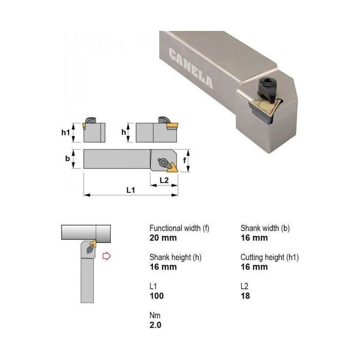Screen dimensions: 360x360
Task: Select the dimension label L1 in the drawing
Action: [x=131, y=190]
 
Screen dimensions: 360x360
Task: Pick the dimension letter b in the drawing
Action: [x=67, y=159]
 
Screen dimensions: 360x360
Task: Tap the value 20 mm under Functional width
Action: [x=163, y=238]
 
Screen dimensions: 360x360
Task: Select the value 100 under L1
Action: [x=156, y=296]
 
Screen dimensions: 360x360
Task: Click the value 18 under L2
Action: [x=245, y=296]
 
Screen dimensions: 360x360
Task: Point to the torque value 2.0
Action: [x=156, y=325]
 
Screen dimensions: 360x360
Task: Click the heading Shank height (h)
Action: [x=175, y=257]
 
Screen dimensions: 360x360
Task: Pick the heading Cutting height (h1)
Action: [x=270, y=257]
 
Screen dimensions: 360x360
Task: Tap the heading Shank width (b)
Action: [x=265, y=228]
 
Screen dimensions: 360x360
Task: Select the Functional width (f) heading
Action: [x=179, y=228]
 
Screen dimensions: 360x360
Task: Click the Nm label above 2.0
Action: [x=154, y=315]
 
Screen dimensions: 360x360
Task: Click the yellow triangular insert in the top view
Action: [x=169, y=164]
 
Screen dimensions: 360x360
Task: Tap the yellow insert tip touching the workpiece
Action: [x=93, y=243]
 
